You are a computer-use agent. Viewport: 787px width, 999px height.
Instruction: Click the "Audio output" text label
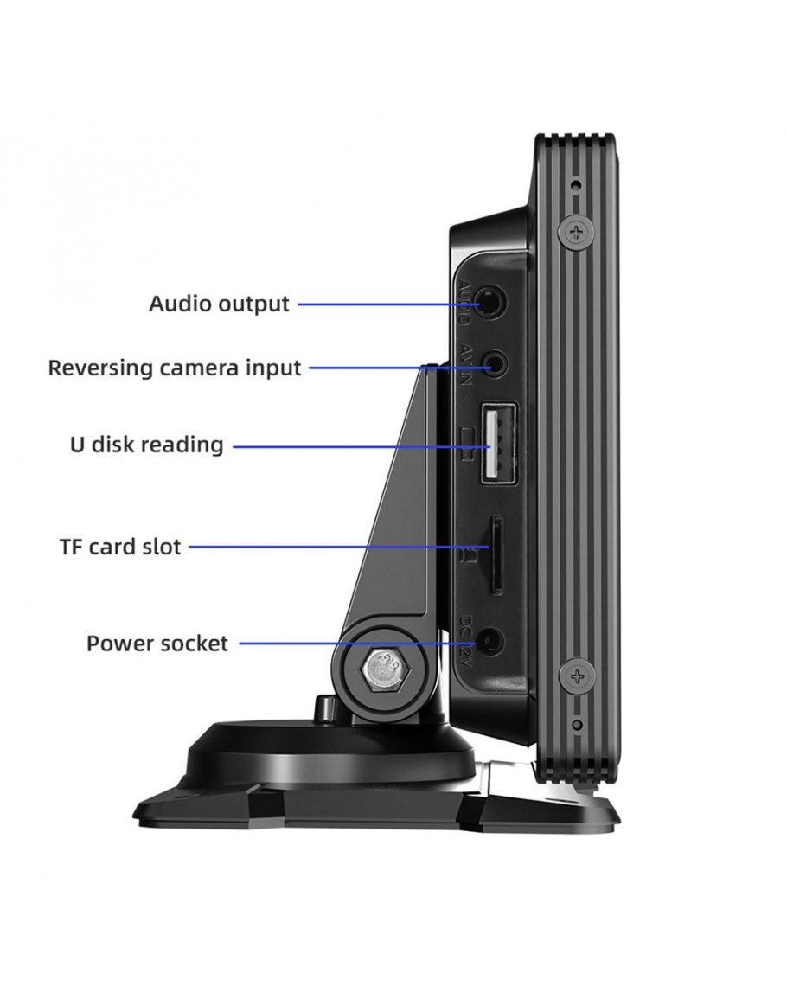(219, 304)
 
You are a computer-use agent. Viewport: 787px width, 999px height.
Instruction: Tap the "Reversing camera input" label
(174, 368)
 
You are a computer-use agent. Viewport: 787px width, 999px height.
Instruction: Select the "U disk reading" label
(146, 445)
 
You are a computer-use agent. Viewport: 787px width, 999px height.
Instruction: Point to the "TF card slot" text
(120, 547)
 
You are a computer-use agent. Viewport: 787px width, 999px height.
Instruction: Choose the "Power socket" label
(157, 644)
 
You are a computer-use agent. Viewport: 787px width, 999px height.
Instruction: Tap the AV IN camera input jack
(494, 364)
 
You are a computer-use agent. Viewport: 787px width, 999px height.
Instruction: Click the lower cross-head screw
(577, 674)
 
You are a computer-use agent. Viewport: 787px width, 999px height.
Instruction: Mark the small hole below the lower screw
(577, 723)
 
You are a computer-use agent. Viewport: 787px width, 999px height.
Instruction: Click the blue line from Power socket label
(346, 644)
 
